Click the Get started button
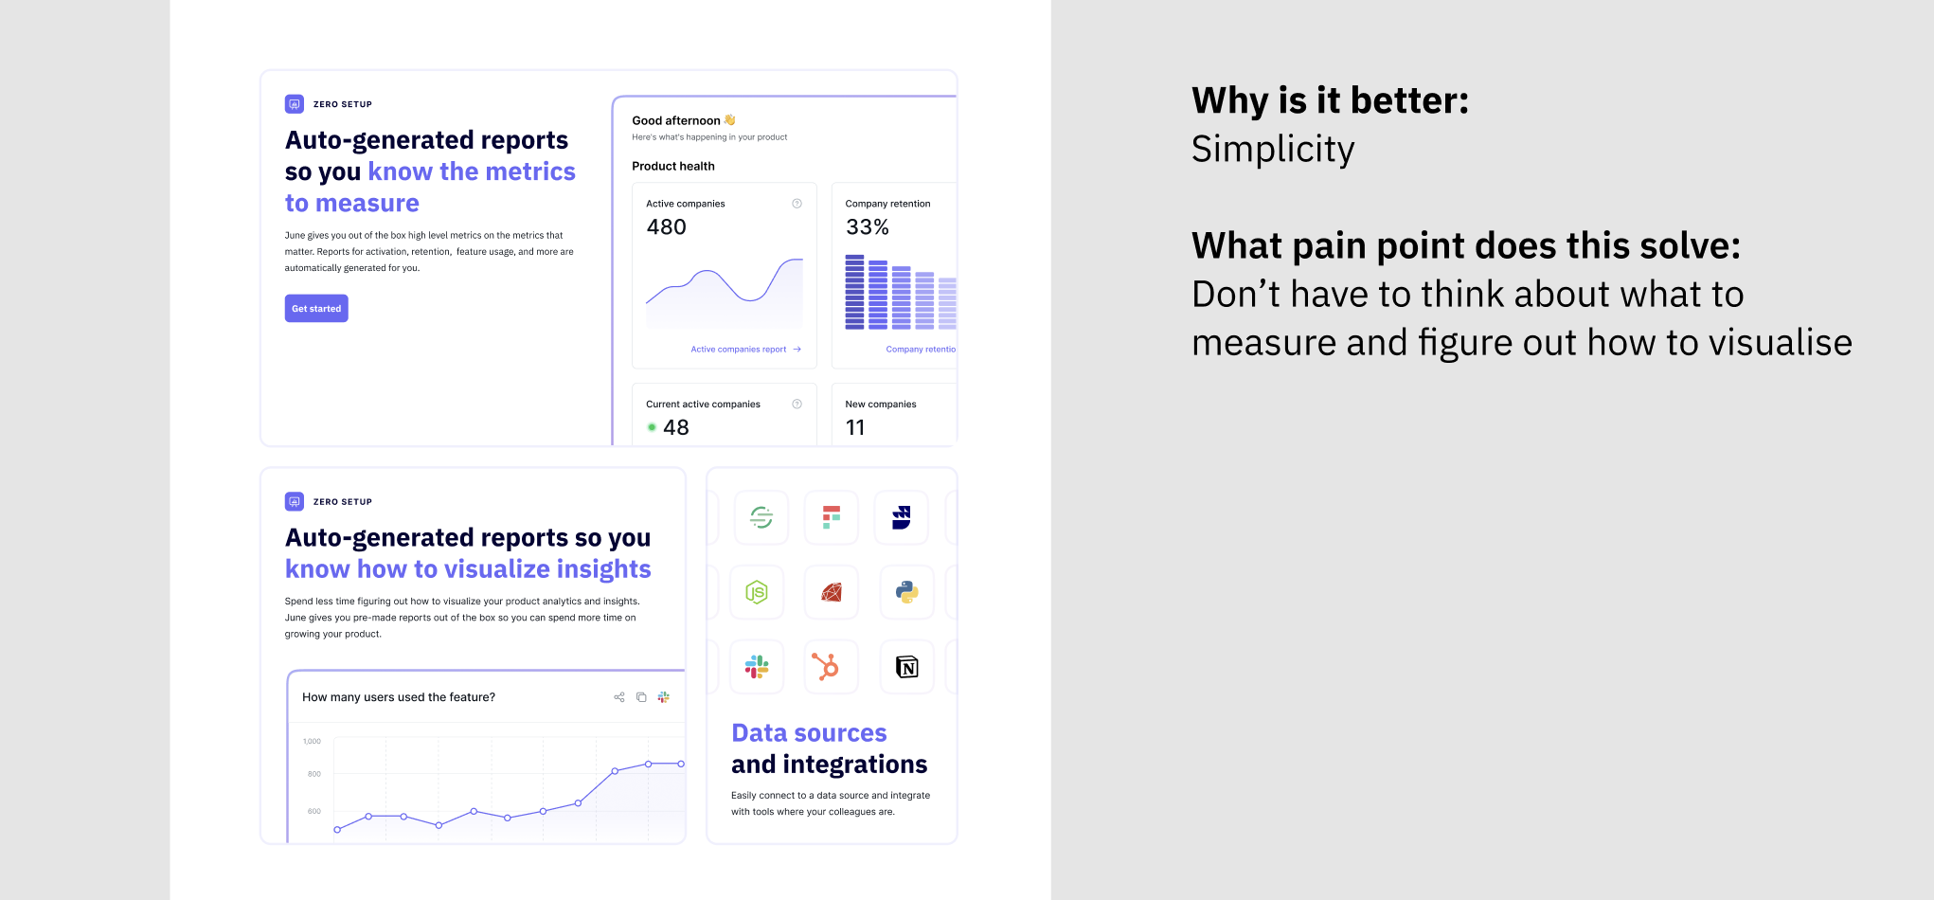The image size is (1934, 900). (316, 309)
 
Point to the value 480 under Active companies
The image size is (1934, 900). (667, 227)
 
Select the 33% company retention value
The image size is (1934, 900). (868, 227)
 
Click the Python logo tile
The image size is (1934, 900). (907, 592)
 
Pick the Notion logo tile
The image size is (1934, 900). (907, 667)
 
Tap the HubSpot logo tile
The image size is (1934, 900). (832, 667)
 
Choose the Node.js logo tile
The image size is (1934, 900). (757, 592)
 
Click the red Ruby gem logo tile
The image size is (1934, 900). (832, 592)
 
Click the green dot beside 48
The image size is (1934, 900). (652, 427)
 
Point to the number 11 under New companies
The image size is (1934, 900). (855, 428)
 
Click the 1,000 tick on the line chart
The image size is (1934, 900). (312, 742)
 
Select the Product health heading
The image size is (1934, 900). (673, 166)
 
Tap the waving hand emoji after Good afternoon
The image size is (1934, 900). (729, 120)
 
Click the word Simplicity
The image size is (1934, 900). (1273, 150)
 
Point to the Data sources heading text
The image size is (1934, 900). (809, 733)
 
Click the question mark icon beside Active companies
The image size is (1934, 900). (797, 204)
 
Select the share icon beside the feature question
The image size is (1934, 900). (619, 697)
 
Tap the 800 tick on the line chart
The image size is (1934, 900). (314, 774)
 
